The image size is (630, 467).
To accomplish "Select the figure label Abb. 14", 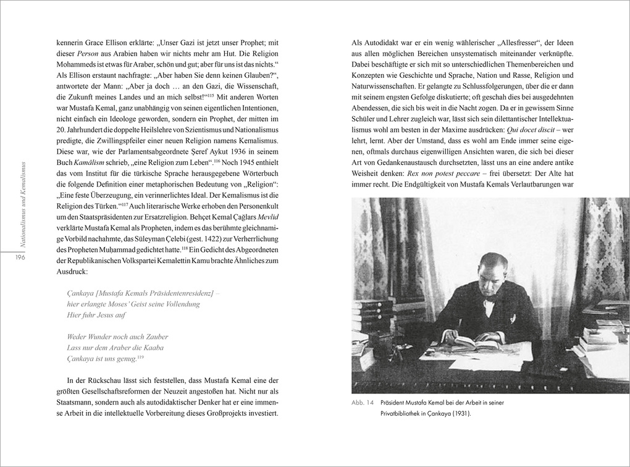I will pyautogui.click(x=363, y=403).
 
